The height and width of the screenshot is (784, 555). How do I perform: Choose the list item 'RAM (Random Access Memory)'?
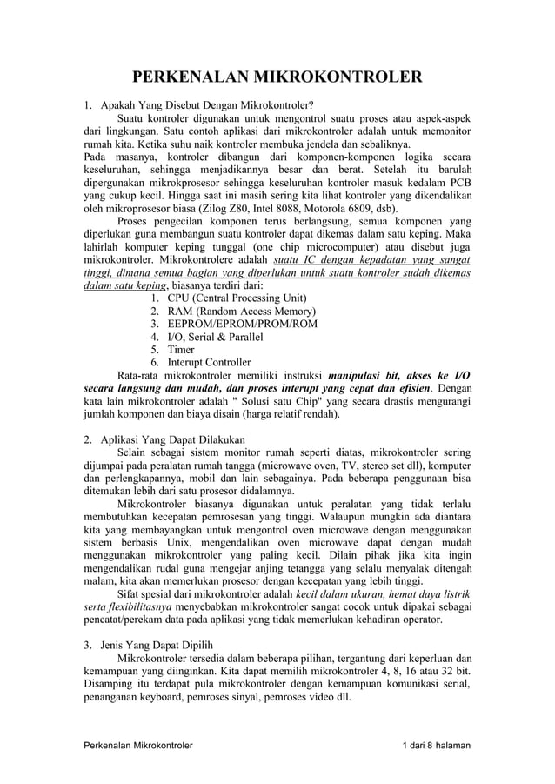pos(242,311)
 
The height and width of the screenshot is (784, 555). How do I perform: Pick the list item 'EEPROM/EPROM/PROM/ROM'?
pos(243,324)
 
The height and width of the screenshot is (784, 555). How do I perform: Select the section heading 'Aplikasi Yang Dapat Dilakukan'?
pos(173,439)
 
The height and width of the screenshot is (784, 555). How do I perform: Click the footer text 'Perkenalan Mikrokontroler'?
pos(137,746)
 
